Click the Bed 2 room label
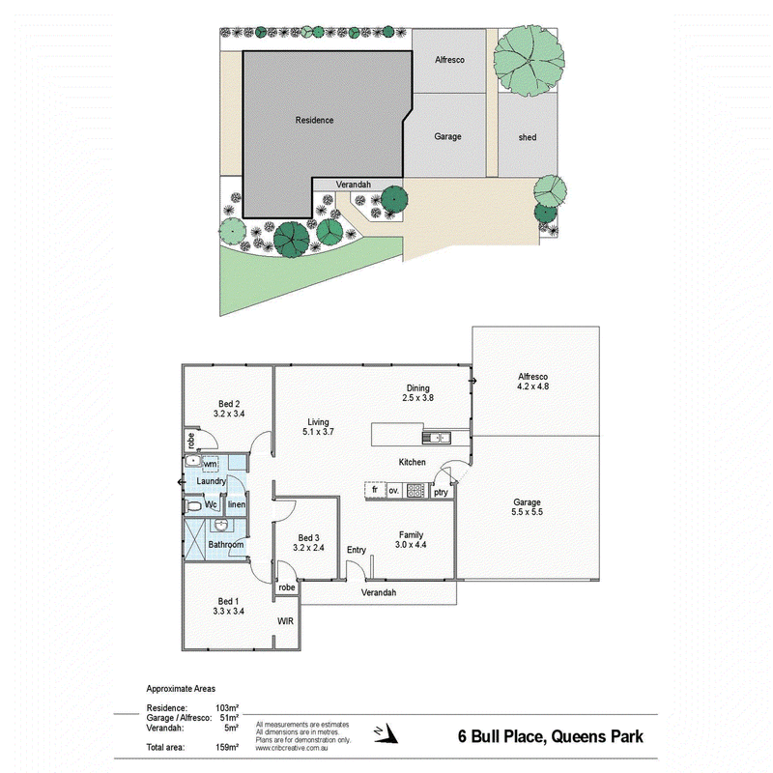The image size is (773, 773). [229, 404]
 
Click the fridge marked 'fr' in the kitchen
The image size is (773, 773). [375, 490]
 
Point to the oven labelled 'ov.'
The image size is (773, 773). [394, 491]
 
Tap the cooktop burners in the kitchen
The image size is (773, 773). [415, 491]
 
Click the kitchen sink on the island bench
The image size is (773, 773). [437, 438]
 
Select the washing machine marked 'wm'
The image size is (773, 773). [210, 465]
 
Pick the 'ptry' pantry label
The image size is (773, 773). [442, 493]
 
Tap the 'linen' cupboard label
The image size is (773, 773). [237, 504]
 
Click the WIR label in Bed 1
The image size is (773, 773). [285, 621]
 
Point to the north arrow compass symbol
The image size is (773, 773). [386, 732]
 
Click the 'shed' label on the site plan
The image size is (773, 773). [528, 137]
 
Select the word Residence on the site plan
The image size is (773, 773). [315, 120]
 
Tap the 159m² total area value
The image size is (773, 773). [227, 747]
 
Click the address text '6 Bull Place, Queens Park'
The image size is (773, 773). [551, 736]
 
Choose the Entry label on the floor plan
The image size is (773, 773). [357, 550]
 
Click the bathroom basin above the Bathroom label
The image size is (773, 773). [222, 526]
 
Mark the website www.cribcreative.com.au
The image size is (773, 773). [292, 748]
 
